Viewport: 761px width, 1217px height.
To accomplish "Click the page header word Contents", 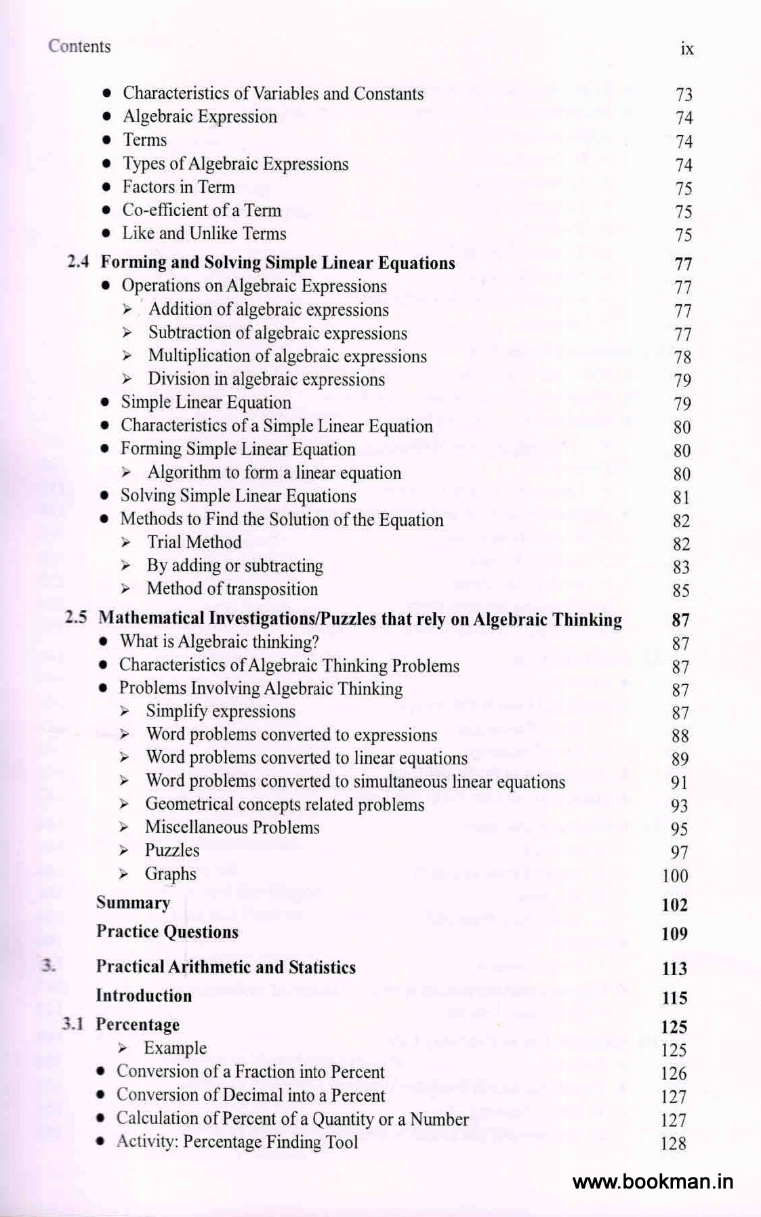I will click(79, 47).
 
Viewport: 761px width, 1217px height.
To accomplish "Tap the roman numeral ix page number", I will click(686, 49).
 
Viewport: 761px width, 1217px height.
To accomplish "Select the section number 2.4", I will click(78, 262).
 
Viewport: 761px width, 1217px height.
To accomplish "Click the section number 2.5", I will click(76, 618).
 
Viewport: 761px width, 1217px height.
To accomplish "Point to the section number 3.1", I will click(73, 1024).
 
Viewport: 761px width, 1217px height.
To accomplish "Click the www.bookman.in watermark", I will click(653, 1182).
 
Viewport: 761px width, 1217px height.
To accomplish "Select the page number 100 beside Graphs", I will click(674, 875).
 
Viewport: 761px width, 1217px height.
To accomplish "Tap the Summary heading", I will click(133, 903).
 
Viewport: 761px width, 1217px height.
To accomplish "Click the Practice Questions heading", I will click(167, 932).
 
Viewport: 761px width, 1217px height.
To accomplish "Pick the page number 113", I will click(674, 969).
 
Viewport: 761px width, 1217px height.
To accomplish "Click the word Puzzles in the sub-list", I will click(172, 850).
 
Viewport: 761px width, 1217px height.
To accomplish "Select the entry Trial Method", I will click(194, 542).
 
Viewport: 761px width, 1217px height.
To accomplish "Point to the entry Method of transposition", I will click(232, 589).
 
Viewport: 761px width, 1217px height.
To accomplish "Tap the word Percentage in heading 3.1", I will click(138, 1025).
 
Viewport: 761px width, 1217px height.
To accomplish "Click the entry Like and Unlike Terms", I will click(204, 234).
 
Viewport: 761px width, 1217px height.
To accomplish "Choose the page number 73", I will click(684, 95).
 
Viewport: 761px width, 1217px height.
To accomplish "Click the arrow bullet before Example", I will click(122, 1048).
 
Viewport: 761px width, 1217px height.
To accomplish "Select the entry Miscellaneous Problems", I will click(232, 827).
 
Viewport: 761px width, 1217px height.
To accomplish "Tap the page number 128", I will click(673, 1143).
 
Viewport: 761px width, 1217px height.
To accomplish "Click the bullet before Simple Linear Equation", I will click(104, 403).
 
